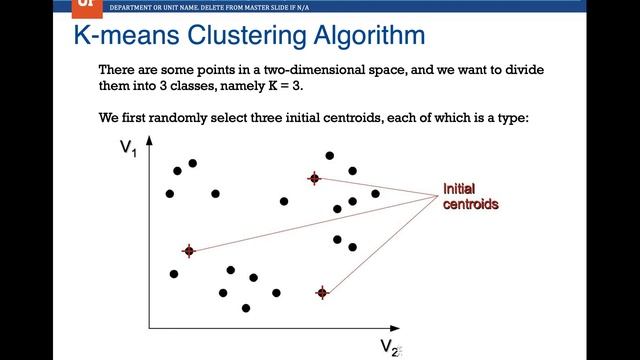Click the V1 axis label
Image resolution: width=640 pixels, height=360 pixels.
[x=128, y=148]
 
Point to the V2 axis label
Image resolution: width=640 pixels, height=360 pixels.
[x=390, y=346]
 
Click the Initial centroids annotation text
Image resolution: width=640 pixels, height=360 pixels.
[x=470, y=196]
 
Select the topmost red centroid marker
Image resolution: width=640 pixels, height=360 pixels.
[x=314, y=179]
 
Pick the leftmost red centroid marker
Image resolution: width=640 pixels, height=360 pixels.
[x=188, y=251]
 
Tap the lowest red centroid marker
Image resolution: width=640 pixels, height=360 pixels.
[x=322, y=293]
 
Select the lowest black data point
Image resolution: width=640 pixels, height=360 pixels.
[x=246, y=308]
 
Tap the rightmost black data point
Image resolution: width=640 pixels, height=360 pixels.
[x=375, y=193]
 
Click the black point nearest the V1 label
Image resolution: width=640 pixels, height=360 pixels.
[x=177, y=171]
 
